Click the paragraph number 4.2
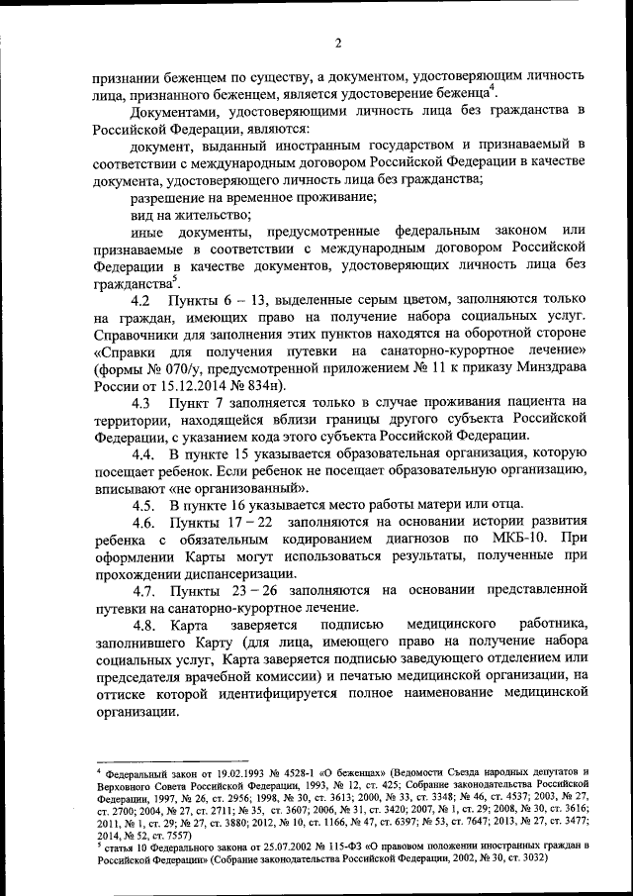[139, 300]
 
